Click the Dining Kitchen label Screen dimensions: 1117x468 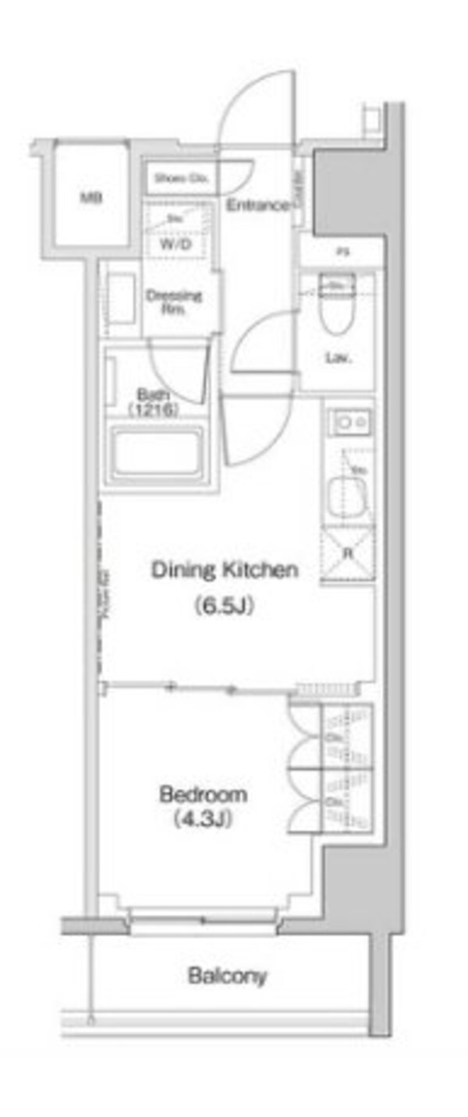pos(224,570)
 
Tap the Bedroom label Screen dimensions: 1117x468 pos(203,795)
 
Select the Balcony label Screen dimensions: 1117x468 pos(227,975)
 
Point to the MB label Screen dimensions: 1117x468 pos(91,198)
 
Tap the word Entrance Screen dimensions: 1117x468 pos(258,206)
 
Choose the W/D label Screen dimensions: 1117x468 pos(175,243)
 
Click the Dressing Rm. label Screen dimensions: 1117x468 pos(174,301)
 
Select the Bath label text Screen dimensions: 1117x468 pos(154,394)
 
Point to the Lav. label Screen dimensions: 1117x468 pos(337,359)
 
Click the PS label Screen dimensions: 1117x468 pos(342,252)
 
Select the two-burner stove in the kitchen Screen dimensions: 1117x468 pos(349,423)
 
